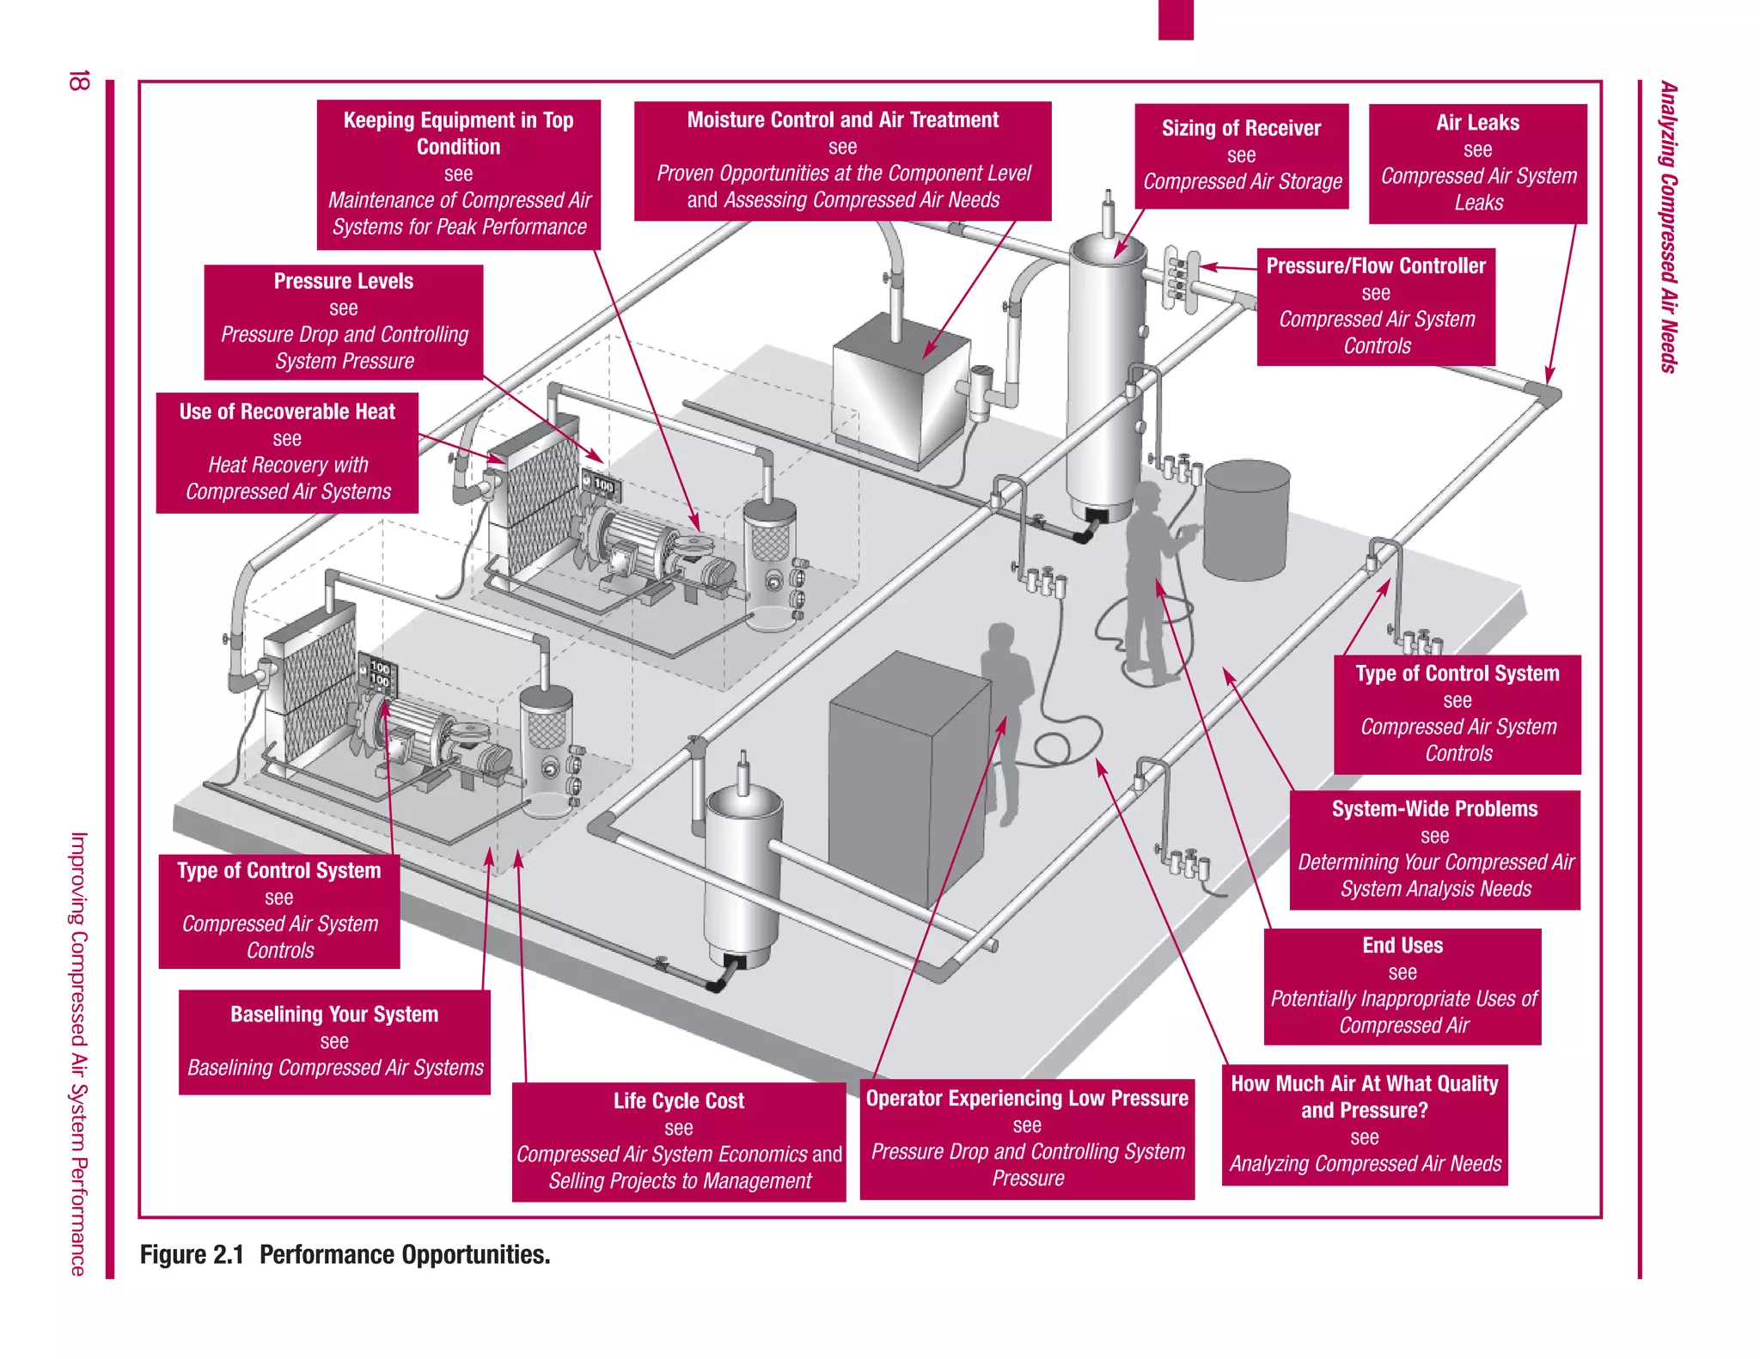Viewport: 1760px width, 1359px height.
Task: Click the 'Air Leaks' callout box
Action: (x=1477, y=163)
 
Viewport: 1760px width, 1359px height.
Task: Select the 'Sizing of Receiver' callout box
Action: (x=1241, y=155)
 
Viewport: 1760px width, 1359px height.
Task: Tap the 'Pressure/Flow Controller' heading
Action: (x=1375, y=266)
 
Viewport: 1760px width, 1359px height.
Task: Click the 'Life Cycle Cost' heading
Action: (x=678, y=1100)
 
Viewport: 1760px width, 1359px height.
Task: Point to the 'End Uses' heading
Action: (x=1402, y=945)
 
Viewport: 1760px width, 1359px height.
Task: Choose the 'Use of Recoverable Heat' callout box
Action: (x=287, y=452)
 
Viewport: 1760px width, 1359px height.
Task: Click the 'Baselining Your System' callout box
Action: (x=334, y=1041)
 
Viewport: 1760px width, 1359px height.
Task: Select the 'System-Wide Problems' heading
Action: (x=1434, y=808)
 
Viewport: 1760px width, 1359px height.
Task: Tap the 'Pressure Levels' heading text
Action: (x=343, y=281)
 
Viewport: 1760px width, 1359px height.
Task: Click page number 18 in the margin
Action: (x=78, y=82)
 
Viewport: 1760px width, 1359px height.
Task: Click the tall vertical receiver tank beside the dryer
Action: (x=1106, y=378)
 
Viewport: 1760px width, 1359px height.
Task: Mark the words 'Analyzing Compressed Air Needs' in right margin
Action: (x=1668, y=228)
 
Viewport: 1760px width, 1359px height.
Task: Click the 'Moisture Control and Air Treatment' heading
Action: (x=842, y=120)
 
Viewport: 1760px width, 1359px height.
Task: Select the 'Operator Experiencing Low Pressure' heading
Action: (x=1026, y=1099)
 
